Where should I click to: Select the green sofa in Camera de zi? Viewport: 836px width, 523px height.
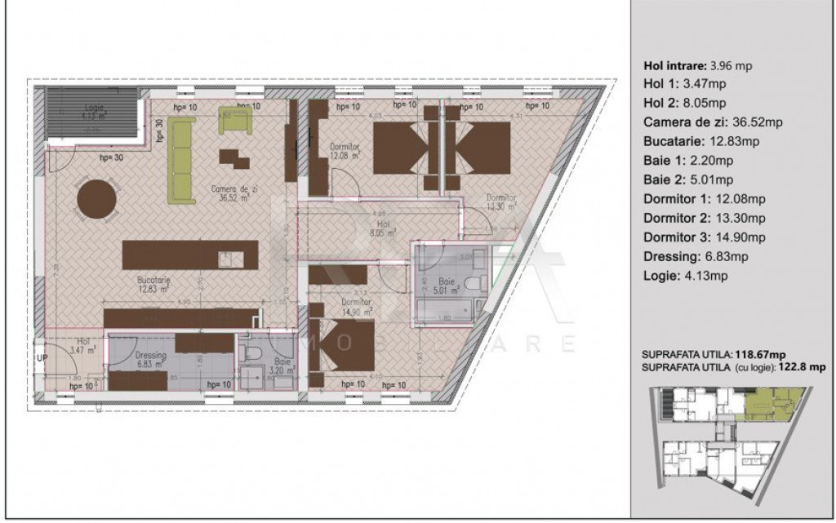coord(180,160)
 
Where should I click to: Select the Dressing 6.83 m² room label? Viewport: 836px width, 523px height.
coord(150,360)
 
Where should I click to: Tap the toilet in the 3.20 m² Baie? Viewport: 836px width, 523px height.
coord(254,352)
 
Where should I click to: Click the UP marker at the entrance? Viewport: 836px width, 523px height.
coord(41,357)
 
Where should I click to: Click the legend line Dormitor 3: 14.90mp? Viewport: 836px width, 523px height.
coord(705,237)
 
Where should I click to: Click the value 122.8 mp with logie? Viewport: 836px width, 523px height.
coord(802,367)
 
